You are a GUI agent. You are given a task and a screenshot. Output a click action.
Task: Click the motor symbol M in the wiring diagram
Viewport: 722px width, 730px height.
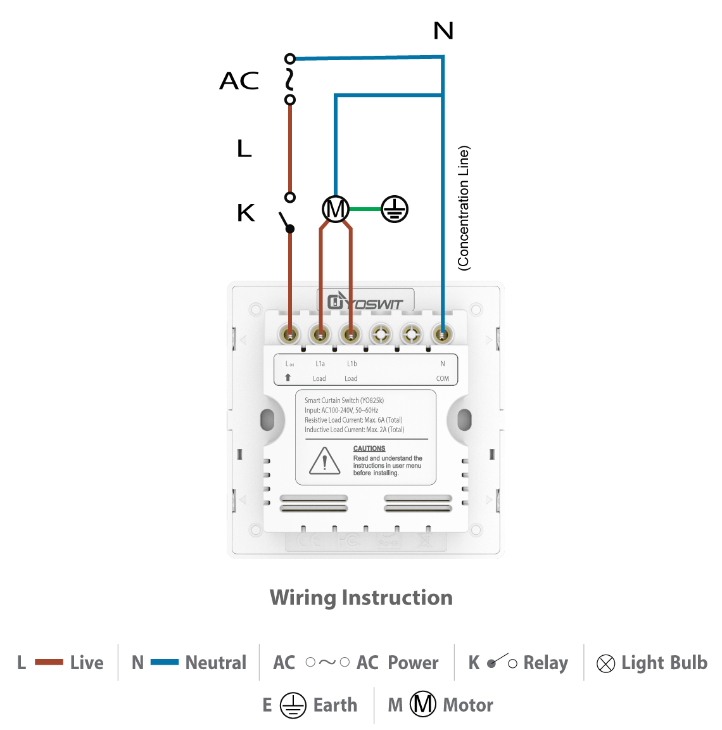(336, 209)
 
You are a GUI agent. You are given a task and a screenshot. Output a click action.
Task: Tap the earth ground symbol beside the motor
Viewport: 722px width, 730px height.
(395, 209)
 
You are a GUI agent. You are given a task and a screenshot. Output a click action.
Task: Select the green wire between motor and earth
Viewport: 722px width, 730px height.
(365, 209)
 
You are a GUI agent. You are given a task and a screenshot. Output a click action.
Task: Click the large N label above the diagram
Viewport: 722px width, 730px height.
(443, 30)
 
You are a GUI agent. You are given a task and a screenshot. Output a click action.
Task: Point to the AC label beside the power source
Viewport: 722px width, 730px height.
(239, 81)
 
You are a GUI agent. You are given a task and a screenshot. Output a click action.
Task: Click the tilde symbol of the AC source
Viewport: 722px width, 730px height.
(290, 79)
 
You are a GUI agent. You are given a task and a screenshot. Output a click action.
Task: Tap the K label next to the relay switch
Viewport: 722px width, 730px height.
(246, 213)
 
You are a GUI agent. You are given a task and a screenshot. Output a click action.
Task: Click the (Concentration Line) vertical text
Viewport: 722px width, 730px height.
(464, 208)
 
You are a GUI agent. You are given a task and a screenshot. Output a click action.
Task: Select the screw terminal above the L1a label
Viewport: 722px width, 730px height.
(320, 334)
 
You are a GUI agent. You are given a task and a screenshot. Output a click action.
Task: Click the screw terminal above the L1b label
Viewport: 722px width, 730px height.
(350, 334)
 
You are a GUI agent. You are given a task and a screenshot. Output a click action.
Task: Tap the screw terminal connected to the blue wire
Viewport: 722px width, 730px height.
(443, 334)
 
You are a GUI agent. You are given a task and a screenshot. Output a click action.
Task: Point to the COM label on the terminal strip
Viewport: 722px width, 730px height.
(443, 378)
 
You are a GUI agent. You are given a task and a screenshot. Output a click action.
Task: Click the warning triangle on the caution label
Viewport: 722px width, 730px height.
(325, 461)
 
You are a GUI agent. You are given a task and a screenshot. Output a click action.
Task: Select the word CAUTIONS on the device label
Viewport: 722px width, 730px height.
(369, 449)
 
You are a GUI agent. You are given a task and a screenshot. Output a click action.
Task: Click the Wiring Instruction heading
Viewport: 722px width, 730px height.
(361, 598)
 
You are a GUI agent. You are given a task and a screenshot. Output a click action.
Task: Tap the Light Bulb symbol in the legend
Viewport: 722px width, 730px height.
(605, 663)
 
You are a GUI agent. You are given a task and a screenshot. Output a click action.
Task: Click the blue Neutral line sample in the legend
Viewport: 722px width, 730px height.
(165, 662)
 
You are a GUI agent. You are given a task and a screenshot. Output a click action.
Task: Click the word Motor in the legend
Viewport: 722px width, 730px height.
(468, 705)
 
